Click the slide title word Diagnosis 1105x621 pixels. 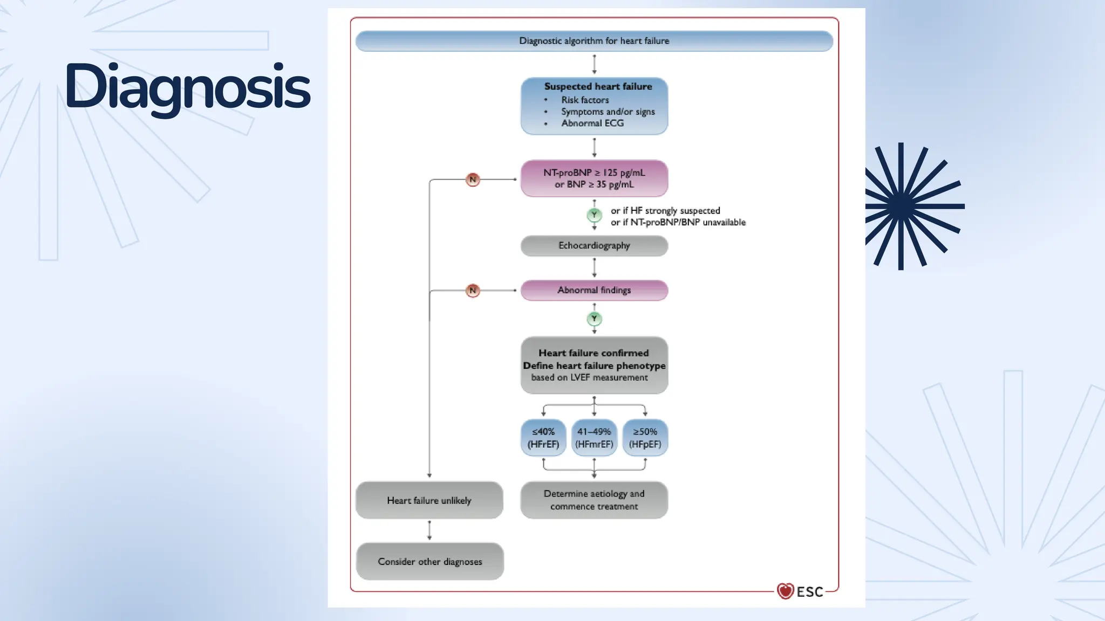pyautogui.click(x=187, y=86)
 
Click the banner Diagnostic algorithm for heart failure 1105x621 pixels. pyautogui.click(x=594, y=41)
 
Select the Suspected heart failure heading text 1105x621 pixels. pyautogui.click(x=598, y=86)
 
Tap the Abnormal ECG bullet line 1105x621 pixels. pyautogui.click(x=592, y=123)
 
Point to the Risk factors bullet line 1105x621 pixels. pyautogui.click(x=584, y=100)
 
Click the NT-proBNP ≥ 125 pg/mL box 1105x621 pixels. pyautogui.click(x=594, y=178)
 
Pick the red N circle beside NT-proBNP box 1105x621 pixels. pyautogui.click(x=473, y=180)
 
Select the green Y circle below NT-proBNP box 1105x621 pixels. pyautogui.click(x=594, y=215)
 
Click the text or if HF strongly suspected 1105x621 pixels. pyautogui.click(x=665, y=211)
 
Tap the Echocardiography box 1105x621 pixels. pyautogui.click(x=594, y=246)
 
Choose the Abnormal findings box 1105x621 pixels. pyautogui.click(x=594, y=291)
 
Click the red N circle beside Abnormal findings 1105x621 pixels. pyautogui.click(x=473, y=291)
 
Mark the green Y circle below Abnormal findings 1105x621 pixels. pyautogui.click(x=594, y=319)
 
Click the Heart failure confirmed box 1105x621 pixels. pyautogui.click(x=594, y=365)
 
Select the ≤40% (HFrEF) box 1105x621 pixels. pyautogui.click(x=543, y=438)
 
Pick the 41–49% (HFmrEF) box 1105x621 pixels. pyautogui.click(x=594, y=438)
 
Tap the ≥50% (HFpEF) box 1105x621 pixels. pyautogui.click(x=645, y=438)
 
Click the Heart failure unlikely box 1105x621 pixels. pyautogui.click(x=429, y=500)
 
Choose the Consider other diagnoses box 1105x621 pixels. pyautogui.click(x=430, y=562)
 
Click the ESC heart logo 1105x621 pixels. pyautogui.click(x=786, y=591)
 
